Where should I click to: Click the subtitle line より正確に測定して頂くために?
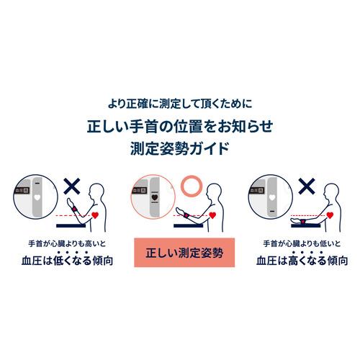click(180, 103)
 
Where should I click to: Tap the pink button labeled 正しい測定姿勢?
click(180, 253)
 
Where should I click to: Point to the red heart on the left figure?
click(96, 214)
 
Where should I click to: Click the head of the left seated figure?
click(96, 192)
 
